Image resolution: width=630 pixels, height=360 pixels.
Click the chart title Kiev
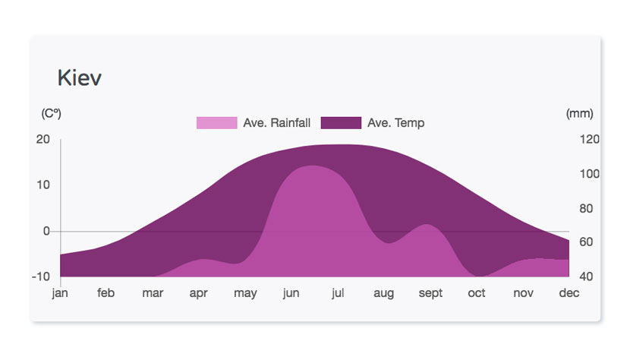79,77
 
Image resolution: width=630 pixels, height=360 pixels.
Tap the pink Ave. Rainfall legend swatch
216,123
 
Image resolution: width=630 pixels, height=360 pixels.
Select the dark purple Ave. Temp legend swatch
341,123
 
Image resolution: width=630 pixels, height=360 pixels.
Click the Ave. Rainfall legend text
276,123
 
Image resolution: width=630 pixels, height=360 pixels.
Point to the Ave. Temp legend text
395,123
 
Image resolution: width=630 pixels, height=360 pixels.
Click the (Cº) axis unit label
51,113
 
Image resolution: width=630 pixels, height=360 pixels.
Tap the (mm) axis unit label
579,113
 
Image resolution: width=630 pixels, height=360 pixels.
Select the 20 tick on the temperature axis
43,139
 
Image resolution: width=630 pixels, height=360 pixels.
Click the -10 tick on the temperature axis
40,276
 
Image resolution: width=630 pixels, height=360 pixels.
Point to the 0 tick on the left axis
46,231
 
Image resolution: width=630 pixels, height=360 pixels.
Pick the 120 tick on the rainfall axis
590,139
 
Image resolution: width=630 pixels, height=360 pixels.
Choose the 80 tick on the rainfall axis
586,208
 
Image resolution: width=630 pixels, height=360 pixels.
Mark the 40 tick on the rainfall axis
586,276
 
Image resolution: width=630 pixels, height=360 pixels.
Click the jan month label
60,293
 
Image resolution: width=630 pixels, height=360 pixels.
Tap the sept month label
430,293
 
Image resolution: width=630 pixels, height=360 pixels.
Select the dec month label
569,293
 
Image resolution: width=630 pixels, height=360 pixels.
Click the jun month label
291,293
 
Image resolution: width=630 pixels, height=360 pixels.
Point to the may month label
245,293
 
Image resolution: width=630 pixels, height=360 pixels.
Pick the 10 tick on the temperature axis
43,185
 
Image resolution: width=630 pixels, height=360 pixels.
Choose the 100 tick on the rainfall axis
590,174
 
